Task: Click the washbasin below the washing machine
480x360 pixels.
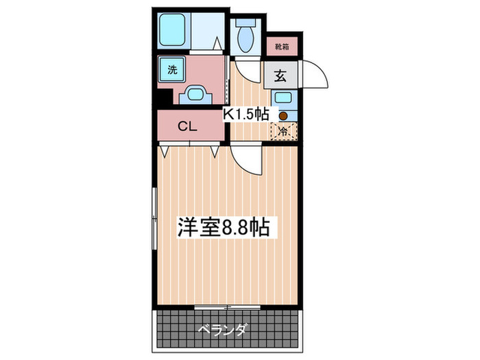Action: (x=195, y=94)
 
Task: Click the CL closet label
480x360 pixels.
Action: (x=188, y=126)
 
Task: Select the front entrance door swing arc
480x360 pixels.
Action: (x=314, y=73)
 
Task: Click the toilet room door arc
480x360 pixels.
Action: (x=244, y=69)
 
